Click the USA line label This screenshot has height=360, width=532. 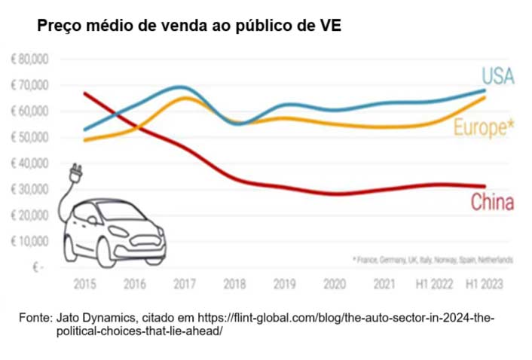pyautogui.click(x=498, y=76)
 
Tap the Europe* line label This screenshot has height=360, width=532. pyautogui.click(x=484, y=128)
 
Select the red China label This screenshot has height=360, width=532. pyautogui.click(x=492, y=202)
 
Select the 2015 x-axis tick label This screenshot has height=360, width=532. pyautogui.click(x=84, y=285)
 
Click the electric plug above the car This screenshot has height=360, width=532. pyautogui.click(x=76, y=174)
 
